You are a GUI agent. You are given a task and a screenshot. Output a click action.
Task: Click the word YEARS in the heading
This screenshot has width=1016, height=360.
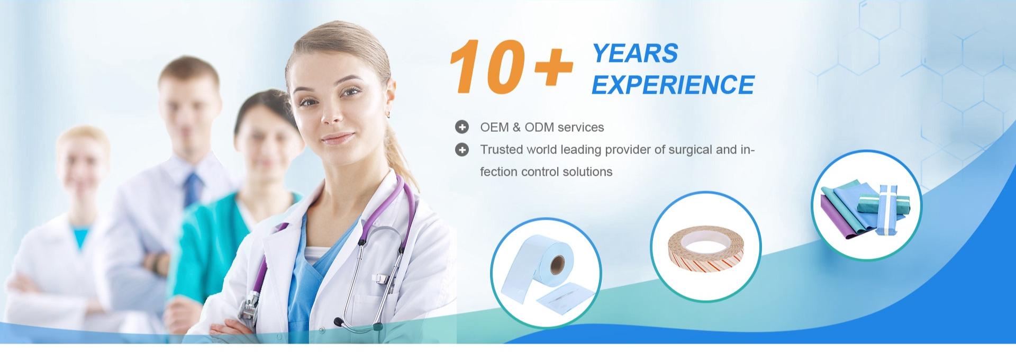[635, 53]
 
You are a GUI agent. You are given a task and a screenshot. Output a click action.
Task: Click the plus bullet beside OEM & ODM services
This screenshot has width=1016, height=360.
[462, 127]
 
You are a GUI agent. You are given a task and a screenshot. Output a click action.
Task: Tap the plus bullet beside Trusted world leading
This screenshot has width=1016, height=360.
[462, 150]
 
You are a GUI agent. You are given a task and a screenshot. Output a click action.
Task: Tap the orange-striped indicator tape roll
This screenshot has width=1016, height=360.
[705, 249]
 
